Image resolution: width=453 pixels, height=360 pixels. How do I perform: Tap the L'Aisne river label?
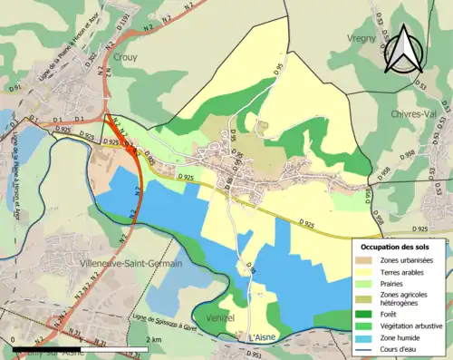(x=261, y=337)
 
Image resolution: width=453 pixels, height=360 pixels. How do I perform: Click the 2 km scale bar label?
(x=153, y=339)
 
